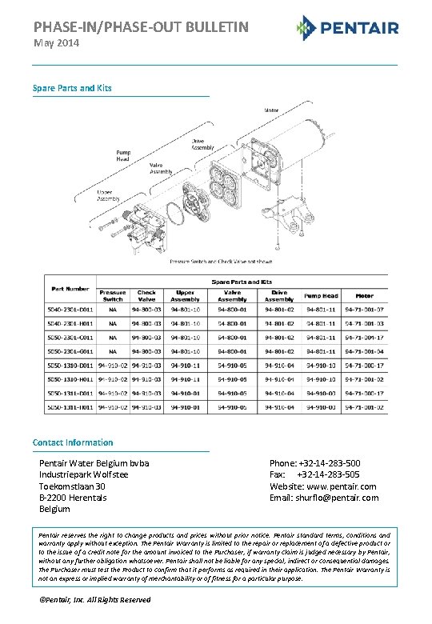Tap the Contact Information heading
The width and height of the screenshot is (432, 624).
pyautogui.click(x=73, y=442)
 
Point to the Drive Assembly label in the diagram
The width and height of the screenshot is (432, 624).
pyautogui.click(x=202, y=144)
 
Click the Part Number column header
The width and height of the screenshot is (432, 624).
pyautogui.click(x=70, y=288)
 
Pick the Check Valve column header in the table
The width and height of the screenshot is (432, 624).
pyautogui.click(x=146, y=295)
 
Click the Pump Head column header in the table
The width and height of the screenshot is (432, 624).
pyautogui.click(x=321, y=295)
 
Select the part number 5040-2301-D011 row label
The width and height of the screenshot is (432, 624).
pyautogui.click(x=71, y=309)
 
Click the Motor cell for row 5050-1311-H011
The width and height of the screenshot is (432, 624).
pyautogui.click(x=364, y=407)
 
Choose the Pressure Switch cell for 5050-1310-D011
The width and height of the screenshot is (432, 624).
pyautogui.click(x=112, y=365)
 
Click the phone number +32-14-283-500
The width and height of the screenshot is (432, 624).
pyautogui.click(x=328, y=464)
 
